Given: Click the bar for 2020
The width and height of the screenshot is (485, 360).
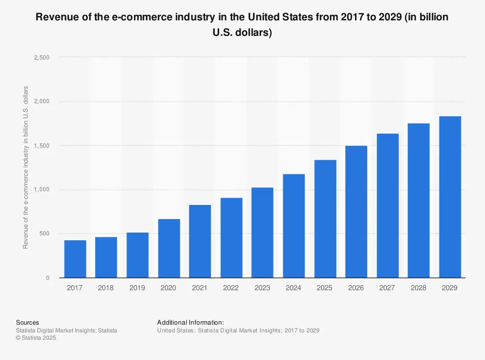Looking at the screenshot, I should point(169,248).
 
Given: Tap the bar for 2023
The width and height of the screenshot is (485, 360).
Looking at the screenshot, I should point(262,233).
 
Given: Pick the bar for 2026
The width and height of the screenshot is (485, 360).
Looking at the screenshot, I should point(356,211).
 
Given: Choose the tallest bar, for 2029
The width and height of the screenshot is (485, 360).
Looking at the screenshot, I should point(450,197).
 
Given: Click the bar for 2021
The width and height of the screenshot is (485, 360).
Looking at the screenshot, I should point(200,241).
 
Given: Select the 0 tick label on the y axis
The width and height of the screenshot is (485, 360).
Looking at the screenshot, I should point(48,278).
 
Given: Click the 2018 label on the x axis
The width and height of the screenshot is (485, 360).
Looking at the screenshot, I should point(106,288).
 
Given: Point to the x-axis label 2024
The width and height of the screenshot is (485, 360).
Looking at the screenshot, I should point(293,288).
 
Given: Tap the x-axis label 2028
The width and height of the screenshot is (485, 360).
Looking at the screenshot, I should point(419,288).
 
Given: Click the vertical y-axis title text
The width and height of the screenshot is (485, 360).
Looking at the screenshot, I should point(26,167).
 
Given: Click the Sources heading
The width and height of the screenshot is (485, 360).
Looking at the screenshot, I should point(28,323).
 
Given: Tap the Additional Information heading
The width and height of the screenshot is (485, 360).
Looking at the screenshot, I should point(191,323).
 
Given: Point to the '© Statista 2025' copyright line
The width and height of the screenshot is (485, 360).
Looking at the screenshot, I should point(36,338).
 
